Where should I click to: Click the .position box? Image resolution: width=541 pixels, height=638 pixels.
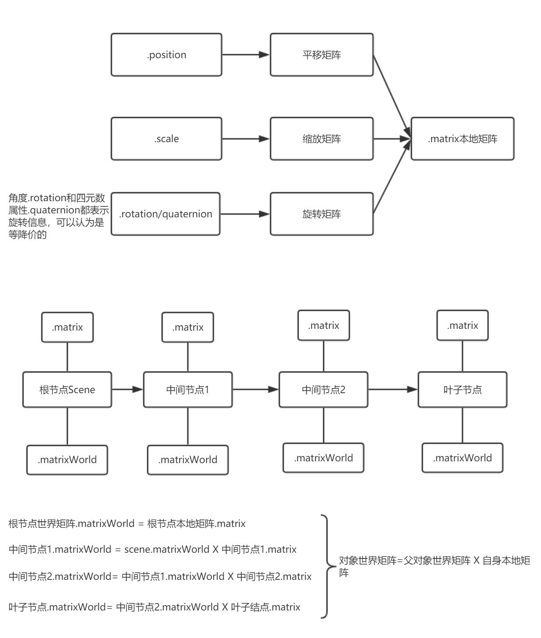point(166,55)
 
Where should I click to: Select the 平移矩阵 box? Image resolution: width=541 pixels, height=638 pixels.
point(321,55)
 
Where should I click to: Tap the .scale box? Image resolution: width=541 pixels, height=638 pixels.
point(166,139)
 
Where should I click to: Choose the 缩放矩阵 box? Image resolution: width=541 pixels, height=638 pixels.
point(321,139)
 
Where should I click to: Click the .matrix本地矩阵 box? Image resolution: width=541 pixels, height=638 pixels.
point(462,139)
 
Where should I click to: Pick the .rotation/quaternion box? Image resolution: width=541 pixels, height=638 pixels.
point(165,214)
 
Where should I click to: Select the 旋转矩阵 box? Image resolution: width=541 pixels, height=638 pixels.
point(321,214)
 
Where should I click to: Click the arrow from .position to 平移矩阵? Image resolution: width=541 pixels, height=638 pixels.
point(246,55)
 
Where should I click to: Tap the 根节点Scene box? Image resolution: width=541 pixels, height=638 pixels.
point(67,390)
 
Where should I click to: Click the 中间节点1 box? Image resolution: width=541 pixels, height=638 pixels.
point(188,390)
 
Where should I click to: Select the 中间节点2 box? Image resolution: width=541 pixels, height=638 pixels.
point(323,390)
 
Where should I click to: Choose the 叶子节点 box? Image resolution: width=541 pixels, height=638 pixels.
point(462,390)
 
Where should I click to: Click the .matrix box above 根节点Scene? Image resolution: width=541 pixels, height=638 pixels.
point(67,327)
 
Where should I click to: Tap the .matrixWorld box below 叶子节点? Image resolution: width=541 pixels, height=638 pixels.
point(462,457)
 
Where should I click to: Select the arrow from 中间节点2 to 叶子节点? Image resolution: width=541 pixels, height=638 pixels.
point(392,390)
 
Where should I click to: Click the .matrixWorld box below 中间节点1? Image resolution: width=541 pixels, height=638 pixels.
point(188,460)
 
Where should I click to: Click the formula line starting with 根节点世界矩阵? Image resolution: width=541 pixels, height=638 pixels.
point(127,523)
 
